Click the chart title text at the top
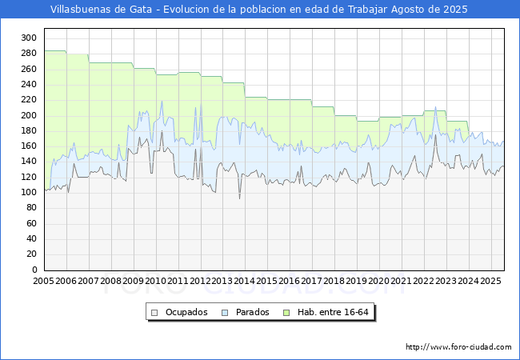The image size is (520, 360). [258, 10]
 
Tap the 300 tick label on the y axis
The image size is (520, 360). [29, 38]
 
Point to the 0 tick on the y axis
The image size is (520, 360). [35, 270]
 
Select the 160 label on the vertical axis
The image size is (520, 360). [29, 146]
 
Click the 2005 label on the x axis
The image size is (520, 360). [44, 281]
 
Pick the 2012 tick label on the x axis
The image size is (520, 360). [200, 281]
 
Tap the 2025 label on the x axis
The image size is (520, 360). [491, 281]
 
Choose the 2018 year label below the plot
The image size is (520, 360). [334, 281]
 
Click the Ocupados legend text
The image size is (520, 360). [186, 312]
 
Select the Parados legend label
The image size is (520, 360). [252, 312]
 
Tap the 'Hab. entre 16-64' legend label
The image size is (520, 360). [333, 312]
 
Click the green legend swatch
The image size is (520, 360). [286, 313]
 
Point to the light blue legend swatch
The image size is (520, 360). [225, 313]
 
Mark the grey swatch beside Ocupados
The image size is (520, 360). [154, 313]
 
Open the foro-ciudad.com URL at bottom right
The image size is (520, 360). [458, 347]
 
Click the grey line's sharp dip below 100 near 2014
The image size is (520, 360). [239, 198]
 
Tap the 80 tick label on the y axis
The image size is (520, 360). [31, 208]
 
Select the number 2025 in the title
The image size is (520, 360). [455, 10]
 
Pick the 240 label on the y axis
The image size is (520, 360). [29, 84]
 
